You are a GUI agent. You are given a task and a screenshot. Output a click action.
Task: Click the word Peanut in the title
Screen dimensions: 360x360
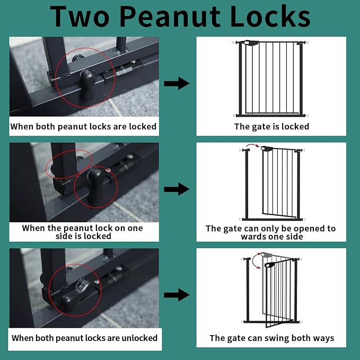170,16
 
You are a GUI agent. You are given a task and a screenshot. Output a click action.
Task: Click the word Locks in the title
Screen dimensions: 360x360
270,16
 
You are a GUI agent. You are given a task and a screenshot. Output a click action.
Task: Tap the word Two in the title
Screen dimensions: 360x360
80,16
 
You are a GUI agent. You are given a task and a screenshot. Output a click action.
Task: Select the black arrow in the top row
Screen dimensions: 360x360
177,83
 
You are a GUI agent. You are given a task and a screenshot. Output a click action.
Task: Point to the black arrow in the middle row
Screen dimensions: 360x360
177,189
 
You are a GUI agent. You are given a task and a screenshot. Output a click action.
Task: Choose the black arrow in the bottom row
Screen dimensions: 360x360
177,295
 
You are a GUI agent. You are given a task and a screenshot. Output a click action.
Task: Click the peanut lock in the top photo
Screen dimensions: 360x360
87,85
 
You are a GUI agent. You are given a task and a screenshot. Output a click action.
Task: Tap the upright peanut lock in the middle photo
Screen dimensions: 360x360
96,186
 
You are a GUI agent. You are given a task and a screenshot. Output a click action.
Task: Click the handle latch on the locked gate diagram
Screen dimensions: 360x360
251,43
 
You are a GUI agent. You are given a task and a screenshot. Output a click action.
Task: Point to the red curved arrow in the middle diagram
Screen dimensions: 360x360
253,145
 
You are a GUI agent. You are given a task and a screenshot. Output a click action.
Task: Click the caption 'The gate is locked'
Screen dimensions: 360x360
271,127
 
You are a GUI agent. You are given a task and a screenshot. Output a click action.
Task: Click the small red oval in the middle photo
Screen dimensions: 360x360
68,164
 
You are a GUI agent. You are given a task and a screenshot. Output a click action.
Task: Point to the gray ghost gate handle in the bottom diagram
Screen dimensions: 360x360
267,254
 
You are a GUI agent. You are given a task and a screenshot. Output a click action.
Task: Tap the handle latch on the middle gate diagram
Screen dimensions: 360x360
267,148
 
